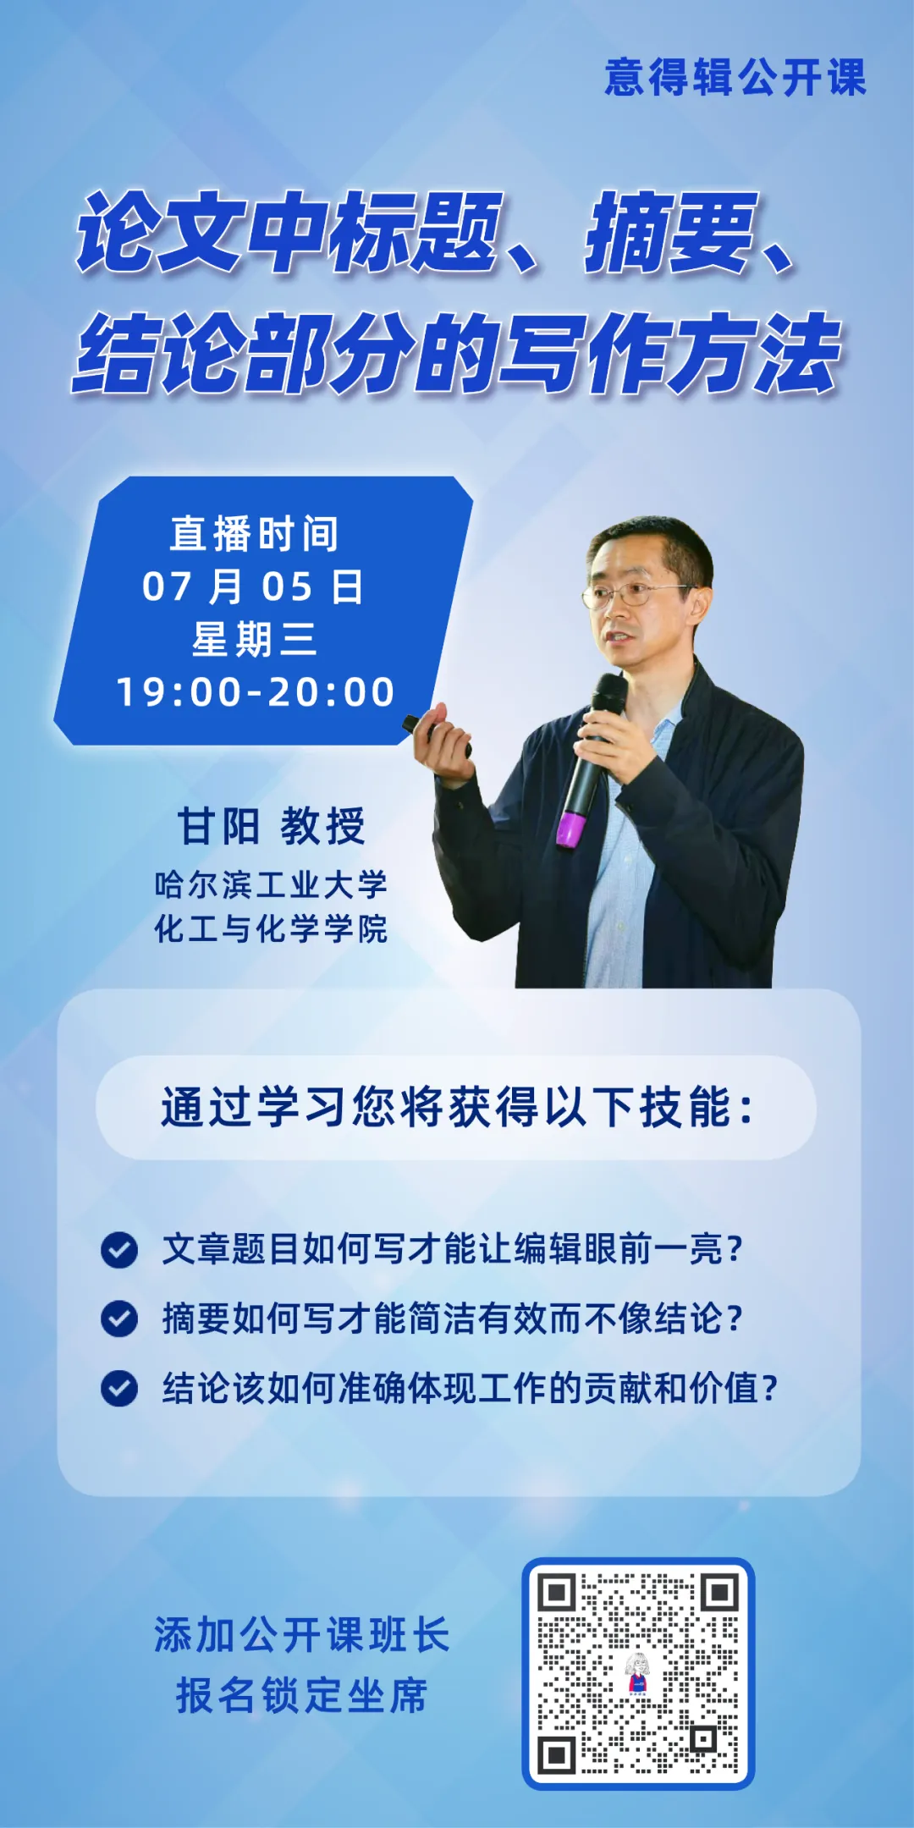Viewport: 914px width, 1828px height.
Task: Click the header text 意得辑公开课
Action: [x=735, y=78]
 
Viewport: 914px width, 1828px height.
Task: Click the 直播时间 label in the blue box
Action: [x=255, y=534]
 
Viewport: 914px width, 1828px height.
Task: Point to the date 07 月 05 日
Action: [x=253, y=586]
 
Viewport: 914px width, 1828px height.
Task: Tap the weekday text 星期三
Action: [x=255, y=639]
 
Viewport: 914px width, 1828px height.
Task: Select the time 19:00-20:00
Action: [x=256, y=692]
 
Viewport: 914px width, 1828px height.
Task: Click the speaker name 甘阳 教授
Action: [x=271, y=826]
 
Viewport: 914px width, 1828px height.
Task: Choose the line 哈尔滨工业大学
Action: [x=271, y=884]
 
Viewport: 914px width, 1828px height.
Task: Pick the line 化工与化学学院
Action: [x=271, y=928]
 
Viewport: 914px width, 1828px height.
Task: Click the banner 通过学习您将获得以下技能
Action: [x=456, y=1107]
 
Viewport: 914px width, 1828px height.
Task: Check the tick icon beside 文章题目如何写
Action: [x=119, y=1249]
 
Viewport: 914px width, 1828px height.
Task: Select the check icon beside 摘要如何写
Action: [x=119, y=1319]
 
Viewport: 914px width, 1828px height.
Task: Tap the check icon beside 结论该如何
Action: [x=119, y=1388]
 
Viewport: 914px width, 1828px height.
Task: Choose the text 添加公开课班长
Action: [x=301, y=1635]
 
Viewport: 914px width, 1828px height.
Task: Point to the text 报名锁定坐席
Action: [x=301, y=1696]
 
